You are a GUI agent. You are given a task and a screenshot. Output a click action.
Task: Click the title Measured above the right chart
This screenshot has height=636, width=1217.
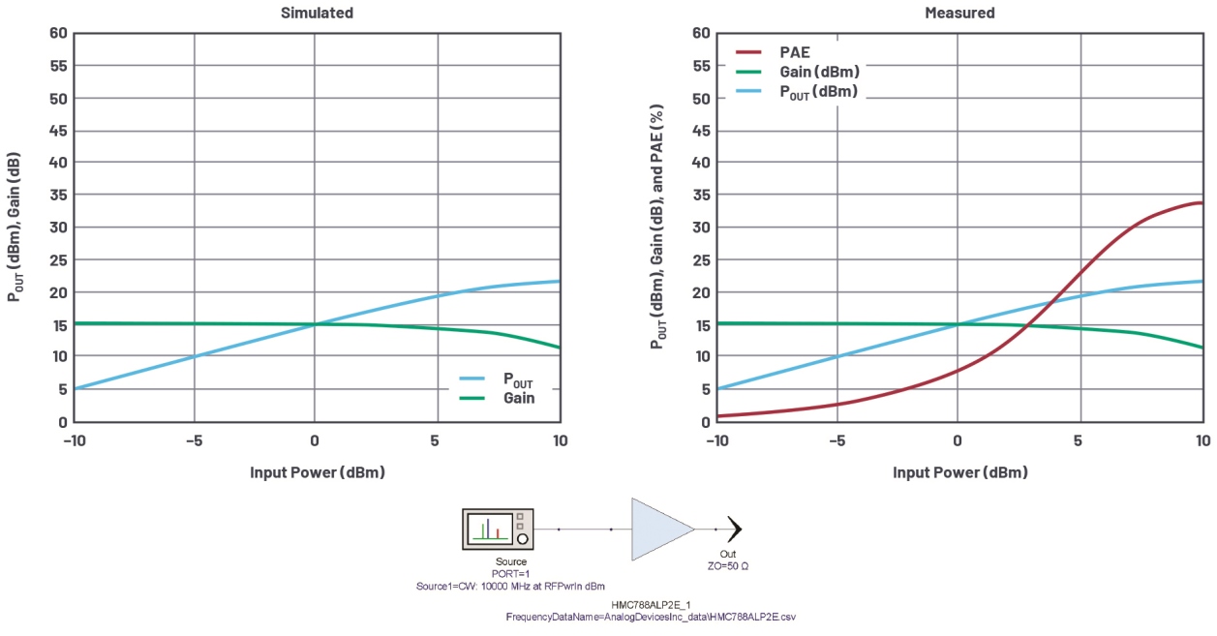tap(959, 13)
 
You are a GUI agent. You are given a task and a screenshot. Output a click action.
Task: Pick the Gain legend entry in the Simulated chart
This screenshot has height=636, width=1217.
tap(517, 398)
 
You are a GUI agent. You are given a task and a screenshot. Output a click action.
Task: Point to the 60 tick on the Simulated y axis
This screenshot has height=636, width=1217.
tap(58, 33)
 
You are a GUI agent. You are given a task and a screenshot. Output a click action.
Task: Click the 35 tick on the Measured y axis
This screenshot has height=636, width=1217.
tap(701, 195)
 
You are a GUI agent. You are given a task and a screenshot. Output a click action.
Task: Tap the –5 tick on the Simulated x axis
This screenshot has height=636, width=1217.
tap(195, 440)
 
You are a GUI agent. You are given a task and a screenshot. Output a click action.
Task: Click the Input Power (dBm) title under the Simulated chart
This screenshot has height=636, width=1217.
tap(317, 472)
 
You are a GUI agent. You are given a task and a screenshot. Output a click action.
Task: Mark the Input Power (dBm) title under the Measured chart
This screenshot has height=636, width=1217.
tap(959, 472)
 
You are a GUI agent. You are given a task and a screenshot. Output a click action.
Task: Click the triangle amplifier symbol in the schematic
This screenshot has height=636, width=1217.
tap(660, 530)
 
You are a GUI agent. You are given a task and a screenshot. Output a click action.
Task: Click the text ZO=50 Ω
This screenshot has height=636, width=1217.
tap(727, 564)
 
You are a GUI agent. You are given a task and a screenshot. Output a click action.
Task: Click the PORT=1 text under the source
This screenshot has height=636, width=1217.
tap(511, 573)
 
